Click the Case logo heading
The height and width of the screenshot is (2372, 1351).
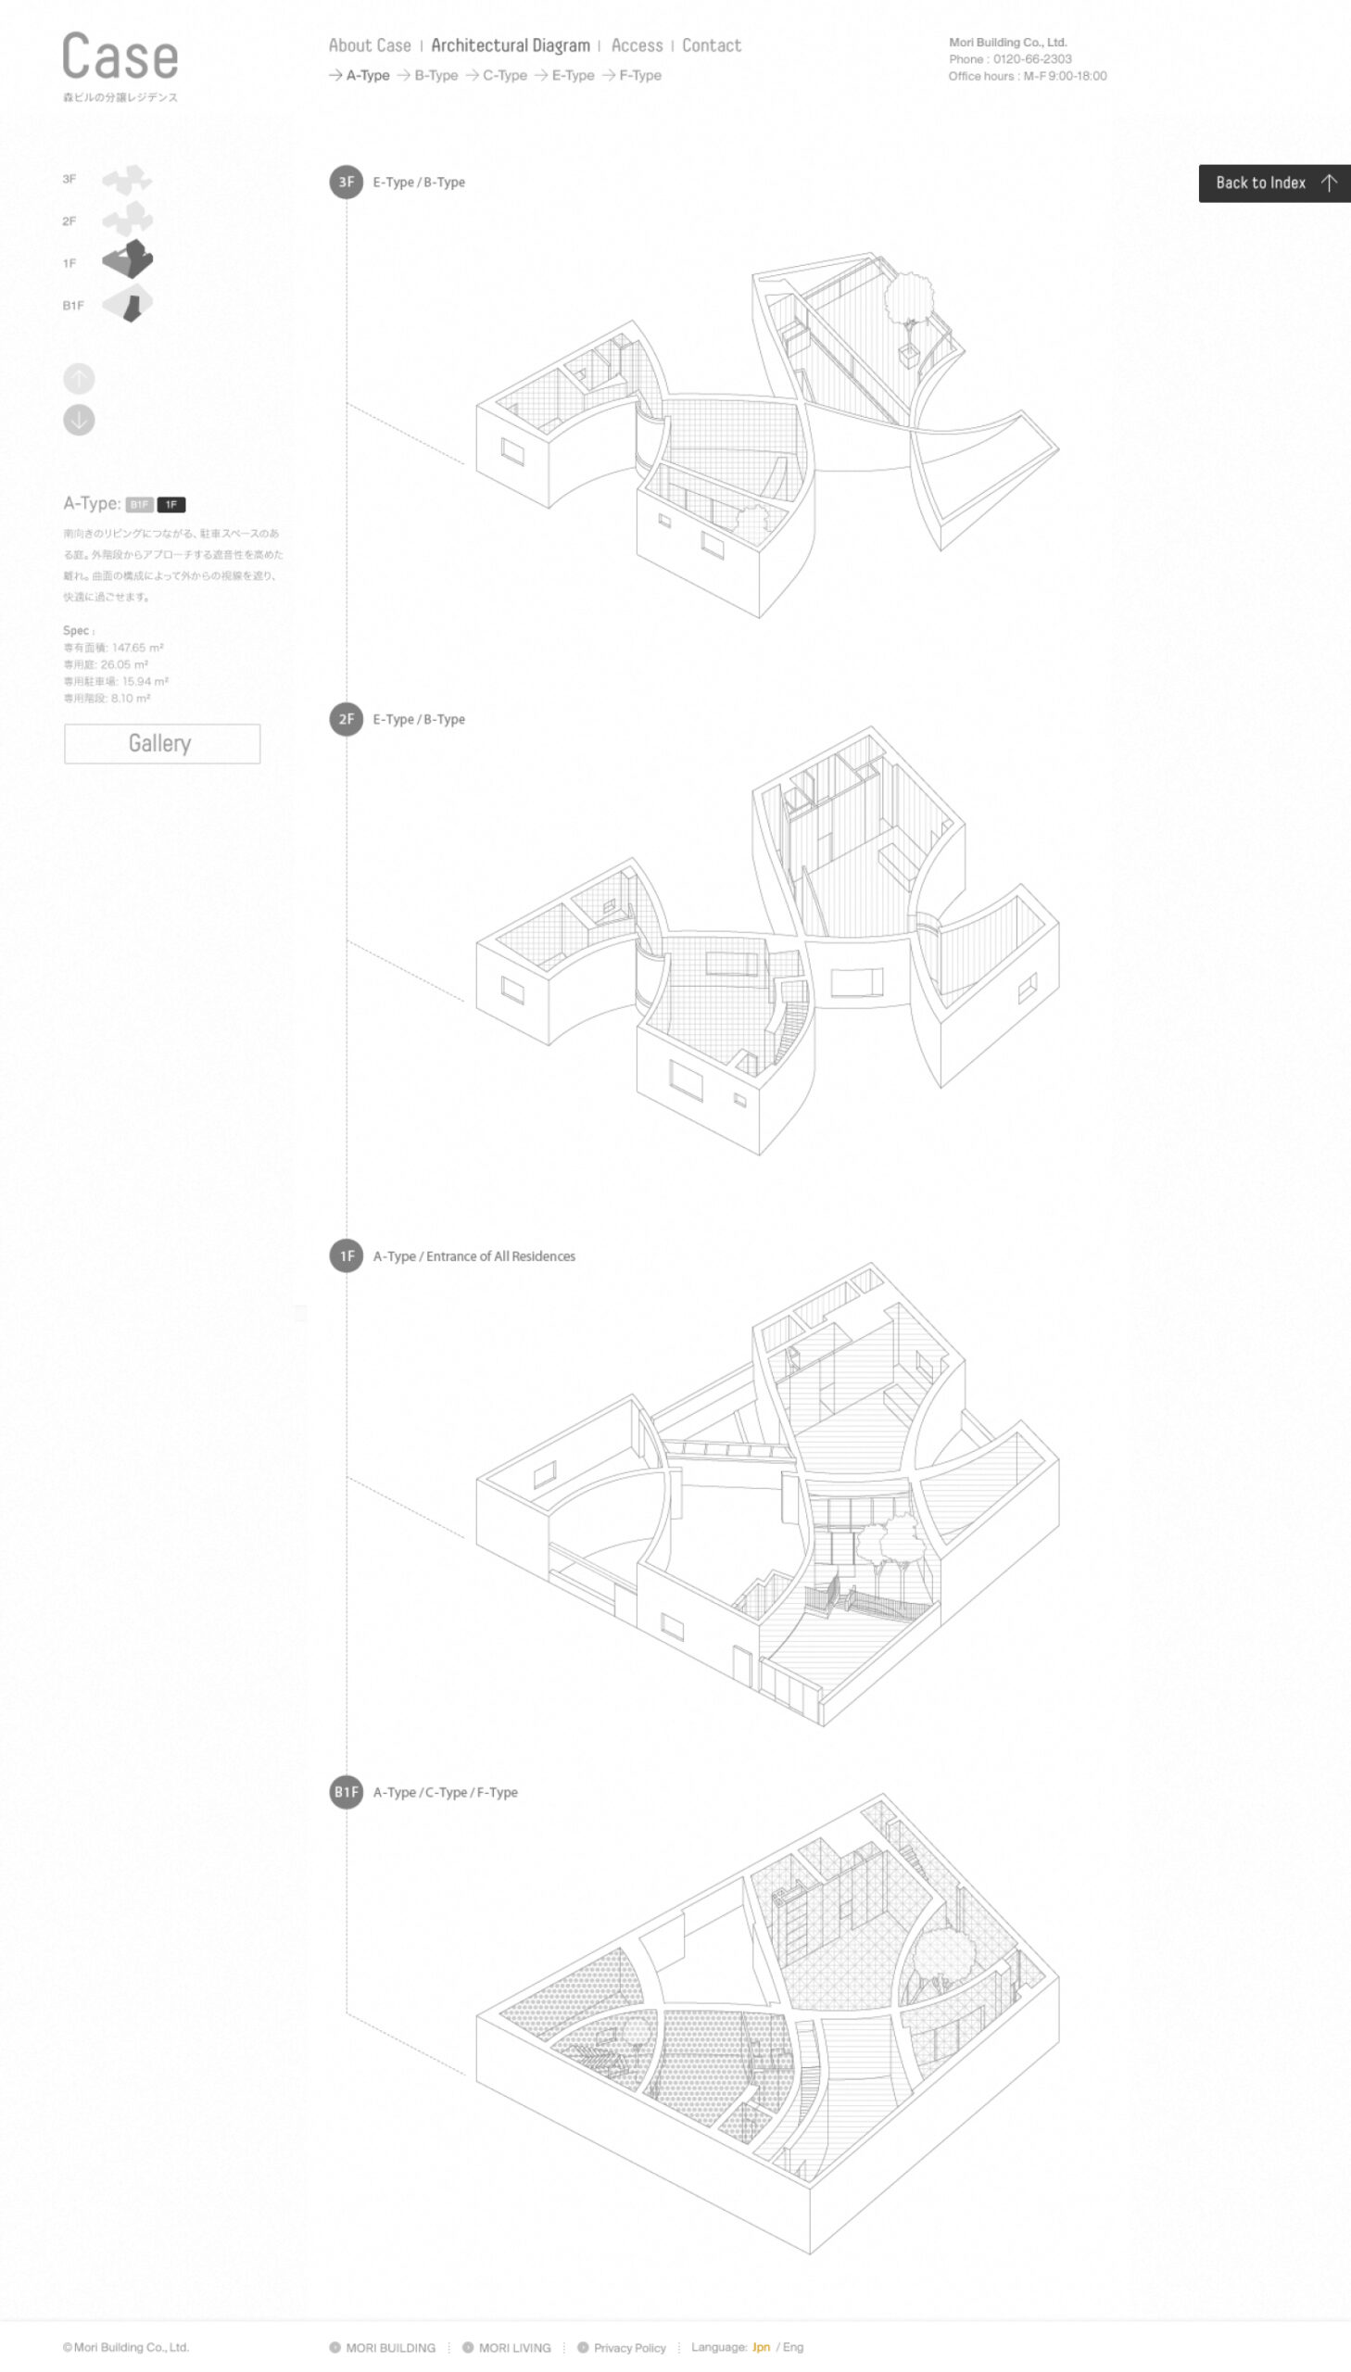pos(120,57)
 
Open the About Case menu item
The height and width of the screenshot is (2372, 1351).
pos(370,45)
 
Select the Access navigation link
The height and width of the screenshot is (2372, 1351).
pos(637,45)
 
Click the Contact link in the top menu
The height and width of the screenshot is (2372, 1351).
pos(711,45)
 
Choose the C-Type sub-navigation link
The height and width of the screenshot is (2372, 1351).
pos(504,76)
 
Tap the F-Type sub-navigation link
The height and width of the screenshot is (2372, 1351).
pos(639,76)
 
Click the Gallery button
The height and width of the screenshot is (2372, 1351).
pos(161,744)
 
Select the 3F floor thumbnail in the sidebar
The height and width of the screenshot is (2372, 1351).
pos(126,180)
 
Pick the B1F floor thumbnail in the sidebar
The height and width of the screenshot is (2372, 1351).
pos(127,305)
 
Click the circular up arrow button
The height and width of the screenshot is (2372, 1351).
pos(79,378)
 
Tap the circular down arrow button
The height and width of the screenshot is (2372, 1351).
pos(79,421)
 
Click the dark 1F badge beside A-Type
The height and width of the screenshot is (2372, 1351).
pos(170,505)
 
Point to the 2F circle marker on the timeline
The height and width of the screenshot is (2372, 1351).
pos(347,720)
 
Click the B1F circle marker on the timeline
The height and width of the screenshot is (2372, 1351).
pos(347,1792)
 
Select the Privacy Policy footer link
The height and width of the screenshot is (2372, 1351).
pos(629,2348)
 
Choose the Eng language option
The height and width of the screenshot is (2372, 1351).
pos(793,2347)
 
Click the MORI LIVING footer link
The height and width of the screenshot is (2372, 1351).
pos(514,2348)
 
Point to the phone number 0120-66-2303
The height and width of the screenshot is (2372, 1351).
pos(1032,59)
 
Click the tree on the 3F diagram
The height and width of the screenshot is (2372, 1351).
pos(909,298)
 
